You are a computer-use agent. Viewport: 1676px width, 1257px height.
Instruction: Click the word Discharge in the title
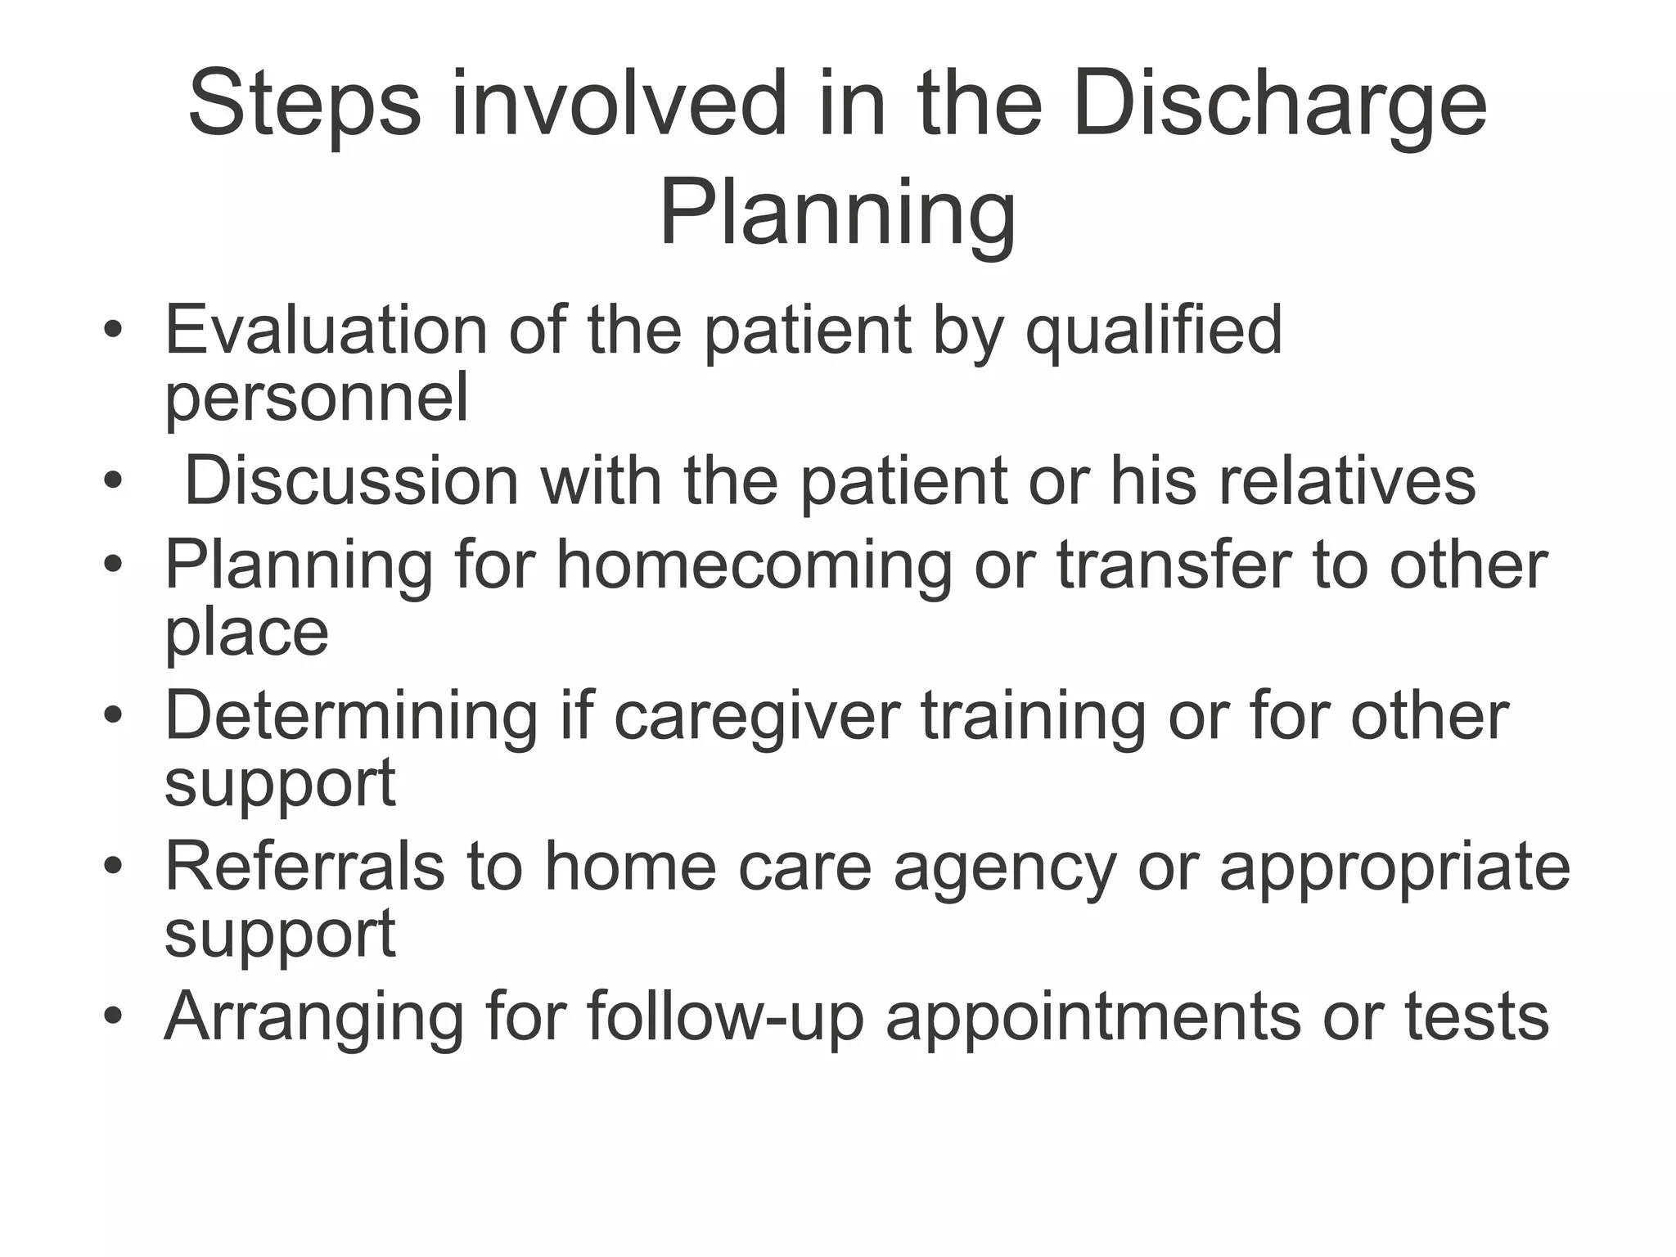click(x=1278, y=106)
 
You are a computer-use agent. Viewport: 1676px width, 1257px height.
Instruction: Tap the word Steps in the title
click(x=304, y=106)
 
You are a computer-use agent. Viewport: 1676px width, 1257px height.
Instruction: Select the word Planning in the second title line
click(x=837, y=214)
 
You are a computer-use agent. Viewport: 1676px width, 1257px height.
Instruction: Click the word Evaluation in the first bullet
click(x=326, y=330)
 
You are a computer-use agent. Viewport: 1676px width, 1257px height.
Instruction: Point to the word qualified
click(x=1153, y=331)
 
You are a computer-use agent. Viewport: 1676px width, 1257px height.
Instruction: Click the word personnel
click(x=317, y=399)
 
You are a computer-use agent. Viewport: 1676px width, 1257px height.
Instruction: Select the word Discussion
click(x=351, y=481)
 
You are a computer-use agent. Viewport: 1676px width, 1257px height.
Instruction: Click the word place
click(x=246, y=633)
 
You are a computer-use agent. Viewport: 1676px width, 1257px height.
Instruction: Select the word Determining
click(x=351, y=716)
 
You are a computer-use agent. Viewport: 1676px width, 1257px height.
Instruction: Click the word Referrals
click(x=304, y=867)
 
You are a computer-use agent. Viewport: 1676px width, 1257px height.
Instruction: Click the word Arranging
click(x=313, y=1019)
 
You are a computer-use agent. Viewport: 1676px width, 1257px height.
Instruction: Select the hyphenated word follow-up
click(x=725, y=1017)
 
